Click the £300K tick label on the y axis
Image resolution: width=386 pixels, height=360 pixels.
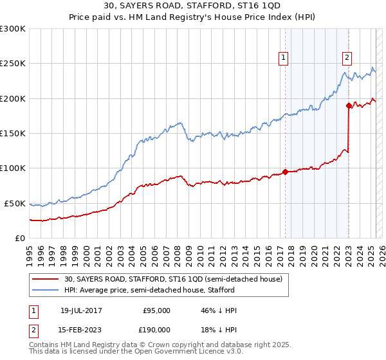pyautogui.click(x=13, y=29)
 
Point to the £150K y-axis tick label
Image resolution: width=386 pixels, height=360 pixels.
pyautogui.click(x=13, y=133)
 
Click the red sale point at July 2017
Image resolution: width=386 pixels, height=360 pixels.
pyautogui.click(x=285, y=172)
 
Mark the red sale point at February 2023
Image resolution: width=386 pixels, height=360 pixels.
pyautogui.click(x=348, y=105)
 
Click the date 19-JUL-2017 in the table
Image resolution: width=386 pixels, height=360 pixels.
pyautogui.click(x=79, y=310)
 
